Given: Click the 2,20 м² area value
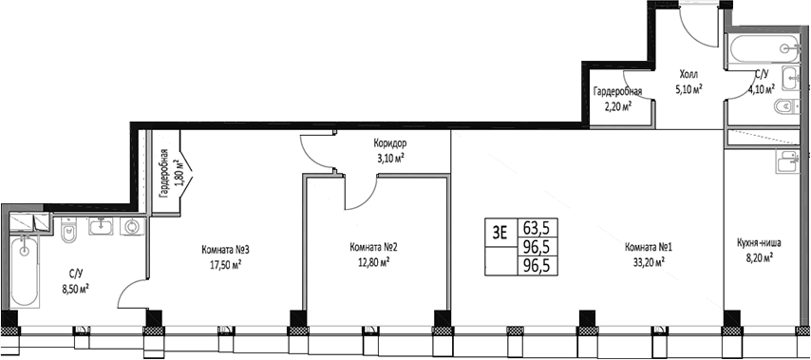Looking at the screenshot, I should click(x=618, y=106).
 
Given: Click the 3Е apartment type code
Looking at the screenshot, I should click(x=500, y=229).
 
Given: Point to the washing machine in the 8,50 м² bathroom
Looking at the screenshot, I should click(x=131, y=227).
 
